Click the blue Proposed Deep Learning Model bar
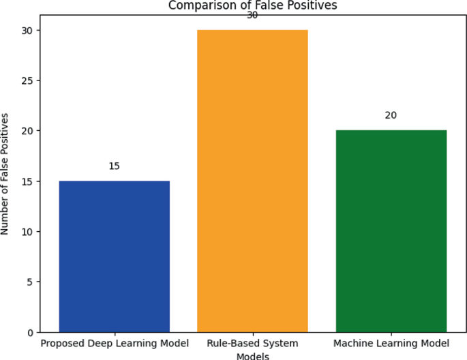pos(114,256)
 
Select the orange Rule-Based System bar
pos(252,181)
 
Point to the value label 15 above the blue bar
pos(114,166)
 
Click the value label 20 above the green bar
pos(391,115)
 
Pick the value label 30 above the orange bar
pos(252,15)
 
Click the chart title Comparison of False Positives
pos(252,5)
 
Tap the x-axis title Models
pos(252,355)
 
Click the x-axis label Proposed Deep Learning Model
pos(114,342)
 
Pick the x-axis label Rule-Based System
pos(252,342)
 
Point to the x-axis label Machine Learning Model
pos(391,342)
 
